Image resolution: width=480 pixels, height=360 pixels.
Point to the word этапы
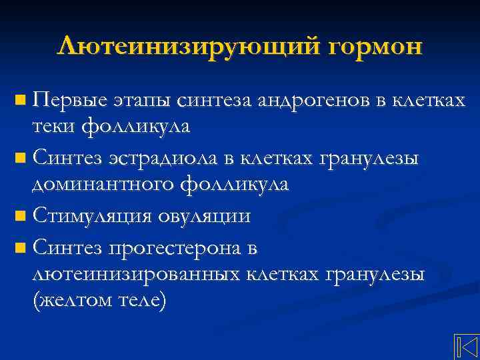coord(141,101)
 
